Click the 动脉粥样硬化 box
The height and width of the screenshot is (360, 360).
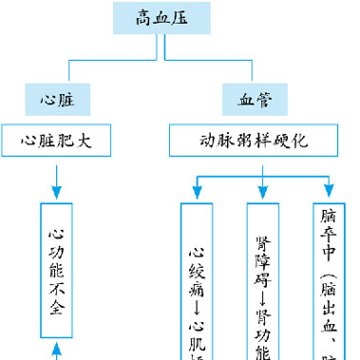point(254,141)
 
